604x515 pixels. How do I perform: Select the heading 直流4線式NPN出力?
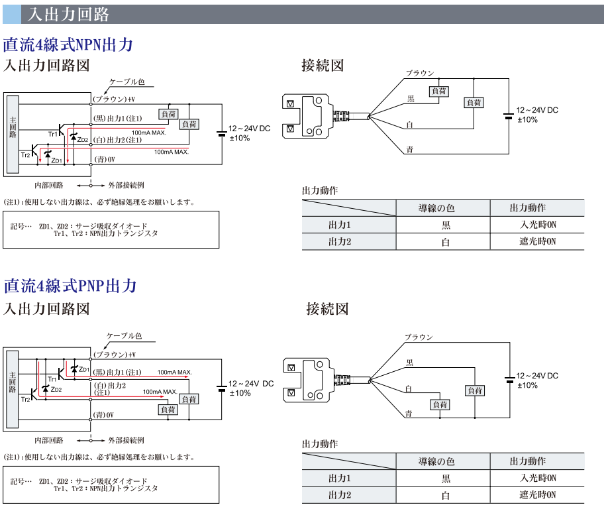pos(69,45)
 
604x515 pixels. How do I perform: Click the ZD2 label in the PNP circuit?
pos(56,390)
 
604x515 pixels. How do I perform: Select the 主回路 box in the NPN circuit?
pos(13,135)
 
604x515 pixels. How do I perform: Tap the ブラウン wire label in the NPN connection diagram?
pos(420,73)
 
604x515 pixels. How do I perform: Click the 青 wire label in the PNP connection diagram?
pos(409,414)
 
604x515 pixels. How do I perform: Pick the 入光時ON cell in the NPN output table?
pos(538,225)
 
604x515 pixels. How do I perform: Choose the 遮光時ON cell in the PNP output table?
pos(538,494)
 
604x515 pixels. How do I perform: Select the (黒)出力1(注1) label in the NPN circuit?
pos(117,119)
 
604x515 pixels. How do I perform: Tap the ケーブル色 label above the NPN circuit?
pos(126,82)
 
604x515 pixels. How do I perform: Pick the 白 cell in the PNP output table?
pos(445,495)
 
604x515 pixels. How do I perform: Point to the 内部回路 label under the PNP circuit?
pos(49,440)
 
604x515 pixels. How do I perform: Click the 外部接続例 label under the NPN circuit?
pos(126,185)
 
